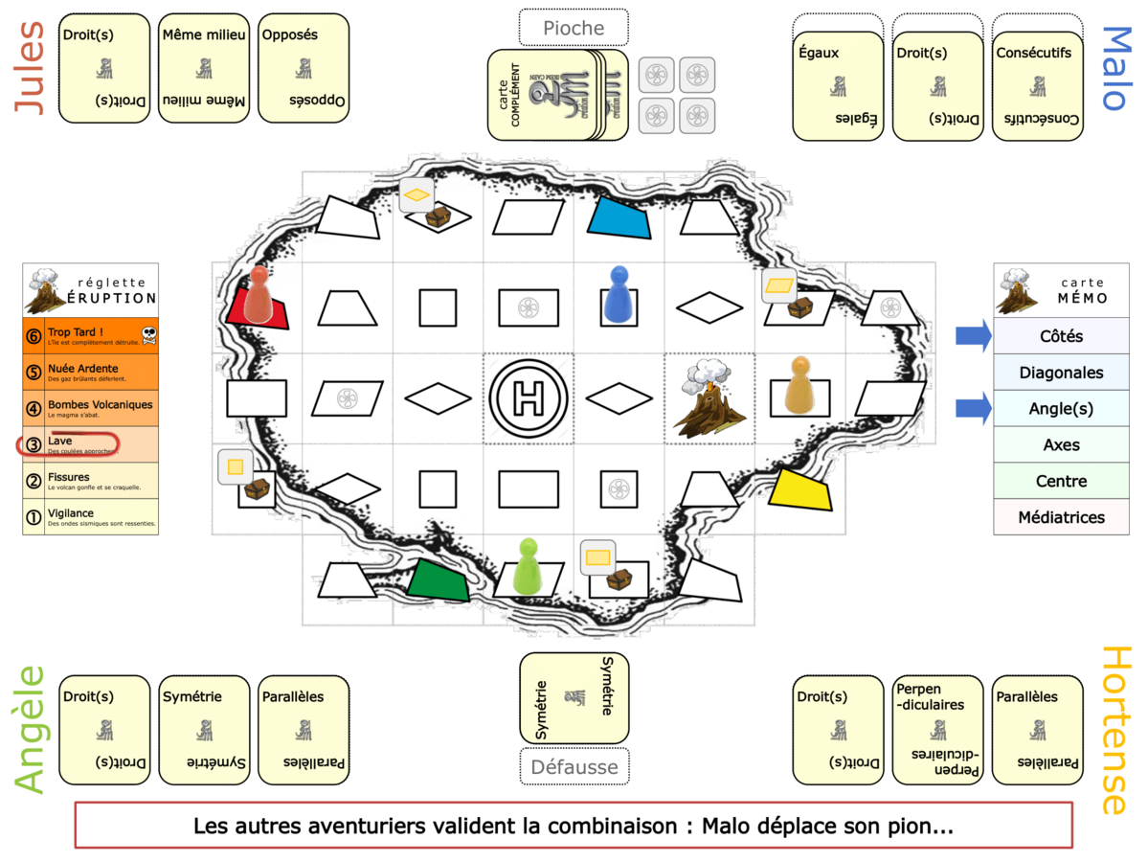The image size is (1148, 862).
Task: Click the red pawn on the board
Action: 258,294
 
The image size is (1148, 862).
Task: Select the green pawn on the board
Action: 528,565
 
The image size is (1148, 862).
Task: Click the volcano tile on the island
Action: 709,397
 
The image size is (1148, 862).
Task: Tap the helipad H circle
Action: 528,397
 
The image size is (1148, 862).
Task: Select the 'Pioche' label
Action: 574,28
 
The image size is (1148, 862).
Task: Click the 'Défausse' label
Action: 574,766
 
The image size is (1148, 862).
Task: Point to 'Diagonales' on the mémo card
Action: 1061,373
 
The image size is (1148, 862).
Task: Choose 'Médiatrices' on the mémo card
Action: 1061,517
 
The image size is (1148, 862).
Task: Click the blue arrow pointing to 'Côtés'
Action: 973,336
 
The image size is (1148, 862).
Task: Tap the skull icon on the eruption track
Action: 148,334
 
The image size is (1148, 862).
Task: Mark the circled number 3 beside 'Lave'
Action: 34,443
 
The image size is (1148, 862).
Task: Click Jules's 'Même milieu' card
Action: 204,68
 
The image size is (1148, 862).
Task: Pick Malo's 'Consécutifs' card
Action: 1037,86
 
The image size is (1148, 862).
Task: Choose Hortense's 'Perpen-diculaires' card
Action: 937,729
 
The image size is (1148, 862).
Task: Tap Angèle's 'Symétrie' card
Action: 204,729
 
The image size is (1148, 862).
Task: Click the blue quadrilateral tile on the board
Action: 620,218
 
